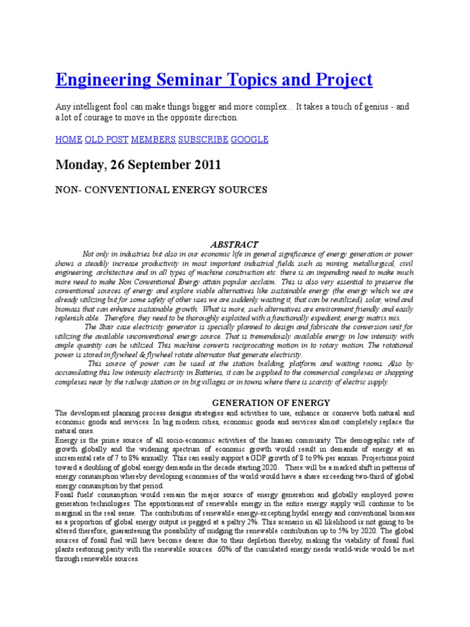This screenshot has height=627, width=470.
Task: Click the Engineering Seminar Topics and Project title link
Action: (x=214, y=80)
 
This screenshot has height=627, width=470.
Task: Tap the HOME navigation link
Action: (x=69, y=139)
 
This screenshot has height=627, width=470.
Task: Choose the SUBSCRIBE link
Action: (x=203, y=139)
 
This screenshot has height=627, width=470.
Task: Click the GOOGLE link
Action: (x=250, y=139)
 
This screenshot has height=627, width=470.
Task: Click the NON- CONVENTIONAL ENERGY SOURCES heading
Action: (x=161, y=190)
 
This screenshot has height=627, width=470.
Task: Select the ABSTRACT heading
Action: (x=234, y=244)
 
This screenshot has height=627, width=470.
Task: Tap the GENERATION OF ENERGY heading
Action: (x=270, y=402)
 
